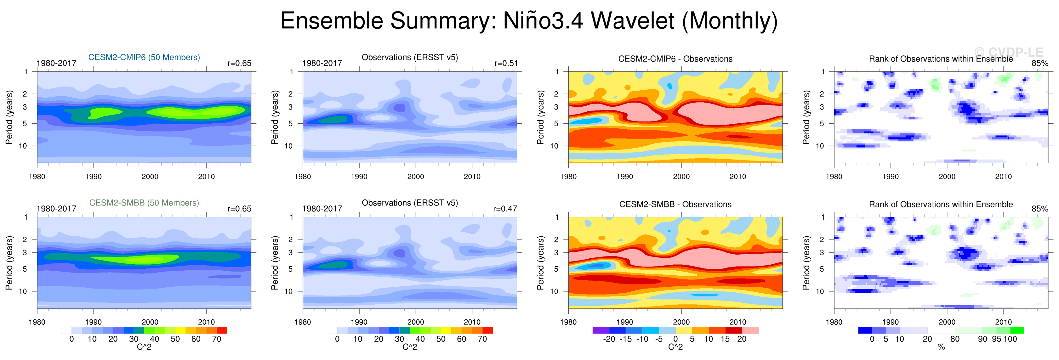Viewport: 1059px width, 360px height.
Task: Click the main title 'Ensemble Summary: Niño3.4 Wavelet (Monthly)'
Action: [529, 20]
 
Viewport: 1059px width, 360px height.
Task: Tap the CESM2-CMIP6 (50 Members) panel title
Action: [144, 57]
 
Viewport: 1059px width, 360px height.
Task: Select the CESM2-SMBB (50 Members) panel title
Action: [144, 203]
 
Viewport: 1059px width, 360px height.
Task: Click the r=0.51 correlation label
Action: [506, 63]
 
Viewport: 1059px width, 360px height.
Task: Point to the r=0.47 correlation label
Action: [505, 209]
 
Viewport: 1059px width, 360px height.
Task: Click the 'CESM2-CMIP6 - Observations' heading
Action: [675, 59]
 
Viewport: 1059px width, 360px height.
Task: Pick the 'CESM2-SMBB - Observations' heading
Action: [675, 204]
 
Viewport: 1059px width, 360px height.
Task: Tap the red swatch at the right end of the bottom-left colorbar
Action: [222, 330]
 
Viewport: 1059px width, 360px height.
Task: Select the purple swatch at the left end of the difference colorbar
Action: [601, 330]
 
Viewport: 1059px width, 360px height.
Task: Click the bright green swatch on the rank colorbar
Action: [1017, 330]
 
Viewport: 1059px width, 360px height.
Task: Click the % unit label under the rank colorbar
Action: [941, 347]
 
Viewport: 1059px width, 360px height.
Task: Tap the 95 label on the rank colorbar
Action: [997, 339]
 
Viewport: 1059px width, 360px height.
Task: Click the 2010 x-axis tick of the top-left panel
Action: [206, 177]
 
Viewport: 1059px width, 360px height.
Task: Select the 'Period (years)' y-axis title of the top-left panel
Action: [9, 117]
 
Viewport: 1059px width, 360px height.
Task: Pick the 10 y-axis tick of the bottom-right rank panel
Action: [820, 291]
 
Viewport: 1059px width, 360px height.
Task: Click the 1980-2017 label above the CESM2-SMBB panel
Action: [56, 209]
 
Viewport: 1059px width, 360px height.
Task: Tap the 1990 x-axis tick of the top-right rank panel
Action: [891, 177]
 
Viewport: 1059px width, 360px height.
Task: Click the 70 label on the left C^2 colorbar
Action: [217, 339]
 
